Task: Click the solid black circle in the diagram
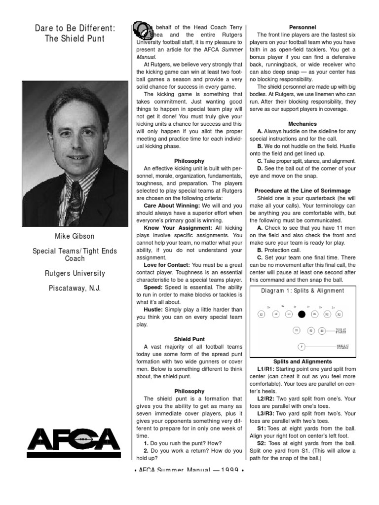(x=301, y=314)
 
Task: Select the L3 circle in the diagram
(x=261, y=314)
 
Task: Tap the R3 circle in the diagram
(x=340, y=314)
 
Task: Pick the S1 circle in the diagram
(x=297, y=330)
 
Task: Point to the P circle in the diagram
(x=301, y=347)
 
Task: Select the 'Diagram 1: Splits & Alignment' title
(x=303, y=291)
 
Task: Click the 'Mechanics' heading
(x=303, y=124)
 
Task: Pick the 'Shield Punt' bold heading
(x=189, y=339)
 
